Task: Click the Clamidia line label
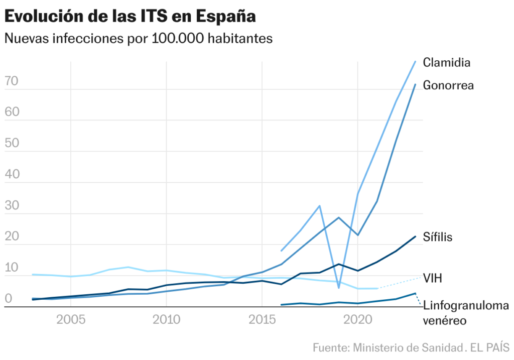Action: click(x=446, y=63)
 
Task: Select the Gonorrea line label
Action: click(x=448, y=85)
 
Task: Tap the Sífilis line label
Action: click(x=438, y=236)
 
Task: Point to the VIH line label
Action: click(x=432, y=278)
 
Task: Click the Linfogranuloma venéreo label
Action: click(x=466, y=312)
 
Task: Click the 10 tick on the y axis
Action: click(x=12, y=267)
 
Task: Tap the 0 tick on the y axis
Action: click(x=8, y=298)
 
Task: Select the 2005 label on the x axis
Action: click(x=71, y=320)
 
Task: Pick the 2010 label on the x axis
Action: click(x=166, y=320)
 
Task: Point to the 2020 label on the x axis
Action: click(x=357, y=320)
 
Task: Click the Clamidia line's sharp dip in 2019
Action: click(x=339, y=288)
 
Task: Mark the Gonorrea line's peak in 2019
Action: click(x=339, y=217)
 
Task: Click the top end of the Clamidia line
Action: click(x=415, y=61)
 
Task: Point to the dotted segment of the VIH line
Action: click(x=400, y=283)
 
